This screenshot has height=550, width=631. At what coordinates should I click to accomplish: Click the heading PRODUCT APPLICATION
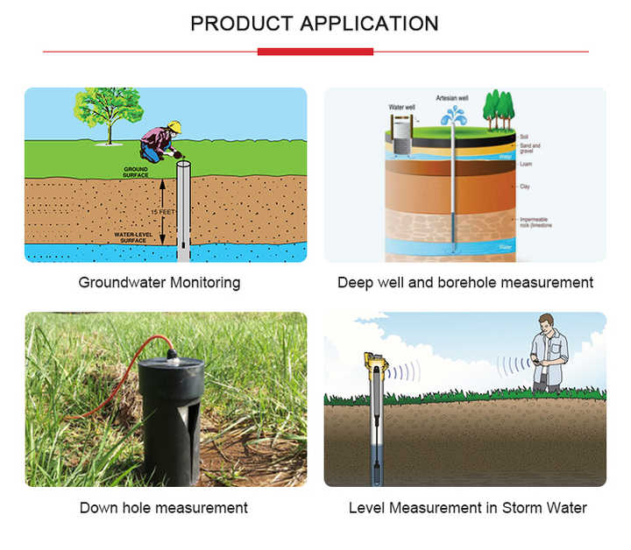315,24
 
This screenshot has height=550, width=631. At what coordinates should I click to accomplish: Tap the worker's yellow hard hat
174,126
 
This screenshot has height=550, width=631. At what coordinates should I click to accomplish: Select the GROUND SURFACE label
135,173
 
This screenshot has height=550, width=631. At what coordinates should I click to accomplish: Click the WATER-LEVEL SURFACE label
135,236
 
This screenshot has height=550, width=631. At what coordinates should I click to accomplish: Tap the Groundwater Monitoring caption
160,283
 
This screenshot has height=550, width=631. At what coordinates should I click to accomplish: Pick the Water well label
401,107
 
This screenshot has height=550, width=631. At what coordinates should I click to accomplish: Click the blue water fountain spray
454,116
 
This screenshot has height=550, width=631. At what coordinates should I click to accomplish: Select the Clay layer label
525,187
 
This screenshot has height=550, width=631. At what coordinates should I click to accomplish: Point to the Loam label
526,164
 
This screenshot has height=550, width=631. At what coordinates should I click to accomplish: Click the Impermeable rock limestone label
535,222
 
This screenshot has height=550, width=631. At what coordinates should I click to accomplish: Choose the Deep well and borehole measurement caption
465,283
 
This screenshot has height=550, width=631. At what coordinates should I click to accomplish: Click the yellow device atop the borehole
378,361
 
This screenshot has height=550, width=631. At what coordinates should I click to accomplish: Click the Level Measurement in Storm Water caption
467,508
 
